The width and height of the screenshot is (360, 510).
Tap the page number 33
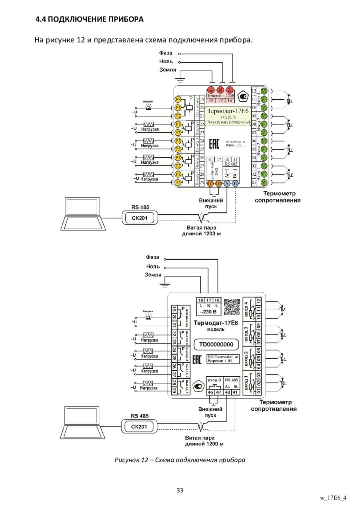click(x=180, y=490)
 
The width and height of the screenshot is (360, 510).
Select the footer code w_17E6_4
click(x=332, y=498)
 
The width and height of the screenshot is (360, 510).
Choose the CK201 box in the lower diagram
click(x=139, y=427)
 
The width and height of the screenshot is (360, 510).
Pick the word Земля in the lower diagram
click(x=153, y=275)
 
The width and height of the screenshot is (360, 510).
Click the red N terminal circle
click(x=220, y=90)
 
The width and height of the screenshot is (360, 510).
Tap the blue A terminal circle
click(x=227, y=183)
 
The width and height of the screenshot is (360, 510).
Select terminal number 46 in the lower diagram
click(x=210, y=393)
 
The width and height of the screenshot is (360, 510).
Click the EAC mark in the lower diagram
click(x=197, y=359)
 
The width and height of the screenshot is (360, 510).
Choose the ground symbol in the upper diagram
click(x=180, y=80)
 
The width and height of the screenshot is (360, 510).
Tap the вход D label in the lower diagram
click(x=214, y=379)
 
